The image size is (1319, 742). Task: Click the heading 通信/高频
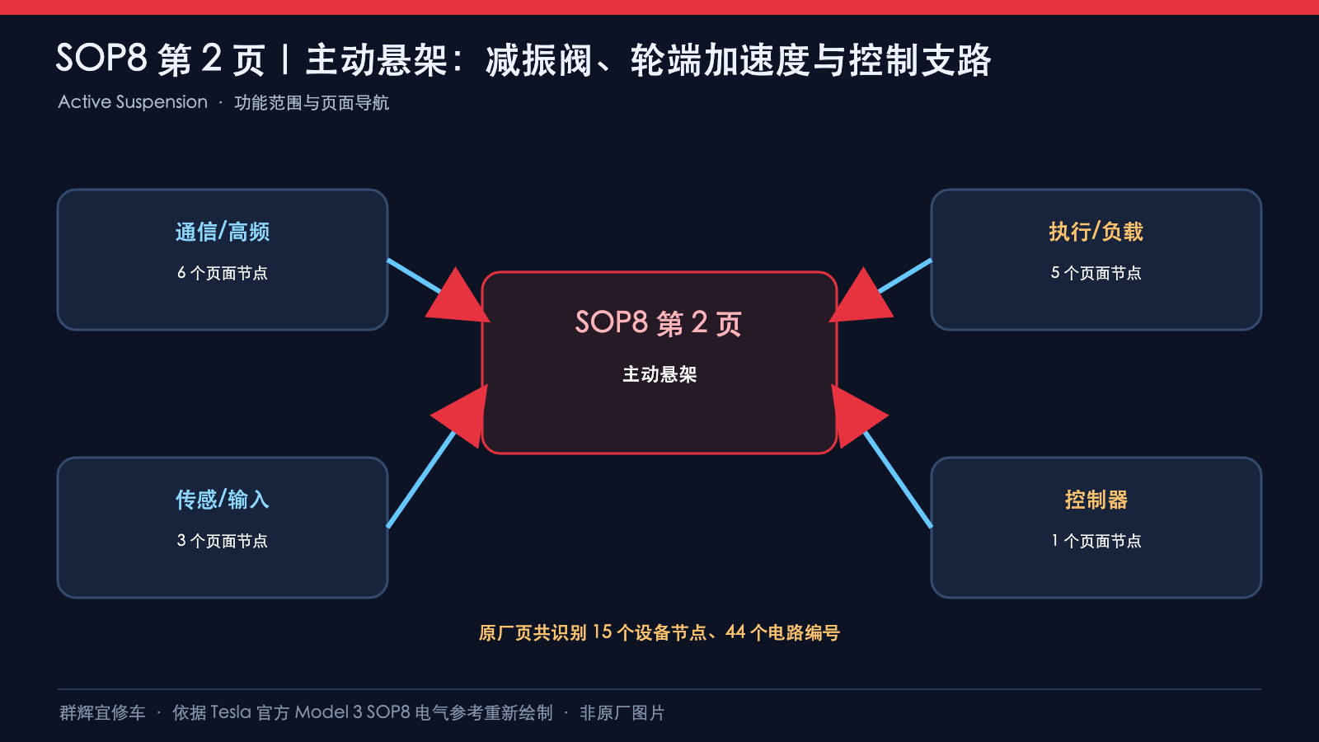tap(223, 232)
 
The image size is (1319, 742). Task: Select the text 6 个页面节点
tap(223, 273)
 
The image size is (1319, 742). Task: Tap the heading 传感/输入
tap(223, 500)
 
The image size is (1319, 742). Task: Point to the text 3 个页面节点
tap(223, 541)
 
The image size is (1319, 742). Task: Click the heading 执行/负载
tap(1096, 232)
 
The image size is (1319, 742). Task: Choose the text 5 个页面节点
tap(1096, 273)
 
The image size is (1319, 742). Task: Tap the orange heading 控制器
tap(1096, 500)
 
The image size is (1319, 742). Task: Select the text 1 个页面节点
tap(1096, 541)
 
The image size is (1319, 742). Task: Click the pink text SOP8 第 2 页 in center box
tap(659, 322)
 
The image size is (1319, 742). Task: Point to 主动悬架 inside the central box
tap(659, 374)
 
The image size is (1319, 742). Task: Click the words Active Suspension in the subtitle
tap(133, 102)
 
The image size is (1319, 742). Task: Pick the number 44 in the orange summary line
tap(735, 632)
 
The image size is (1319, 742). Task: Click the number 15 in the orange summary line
tap(603, 632)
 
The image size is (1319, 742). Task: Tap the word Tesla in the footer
tap(231, 712)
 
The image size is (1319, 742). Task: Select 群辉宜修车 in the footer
tap(102, 713)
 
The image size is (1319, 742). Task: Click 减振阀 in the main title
tap(539, 60)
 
